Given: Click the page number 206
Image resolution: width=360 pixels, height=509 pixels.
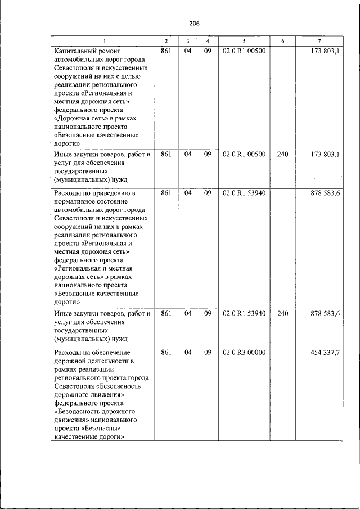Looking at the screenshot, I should point(195,23).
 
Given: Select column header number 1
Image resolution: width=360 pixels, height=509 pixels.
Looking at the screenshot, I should point(103,42).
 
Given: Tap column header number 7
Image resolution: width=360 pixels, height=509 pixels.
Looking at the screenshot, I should point(319,42).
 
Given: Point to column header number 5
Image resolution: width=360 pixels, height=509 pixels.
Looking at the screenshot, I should point(244,42).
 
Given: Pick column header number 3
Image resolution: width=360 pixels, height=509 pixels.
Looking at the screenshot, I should point(187,42).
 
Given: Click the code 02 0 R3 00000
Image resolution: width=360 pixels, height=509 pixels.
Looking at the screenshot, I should point(244,353).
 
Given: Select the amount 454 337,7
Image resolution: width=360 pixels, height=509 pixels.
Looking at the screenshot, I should point(325,353).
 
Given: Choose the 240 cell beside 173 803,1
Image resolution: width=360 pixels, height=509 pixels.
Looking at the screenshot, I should point(282,154).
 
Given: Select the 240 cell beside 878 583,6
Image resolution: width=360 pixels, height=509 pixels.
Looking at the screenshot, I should point(282,313).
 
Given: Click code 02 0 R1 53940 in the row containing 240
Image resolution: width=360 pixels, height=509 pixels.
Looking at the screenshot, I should point(244,313).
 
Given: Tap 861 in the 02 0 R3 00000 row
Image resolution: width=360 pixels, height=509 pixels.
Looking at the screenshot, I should point(166,353).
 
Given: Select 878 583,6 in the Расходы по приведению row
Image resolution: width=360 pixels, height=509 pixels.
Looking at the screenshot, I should point(325,193).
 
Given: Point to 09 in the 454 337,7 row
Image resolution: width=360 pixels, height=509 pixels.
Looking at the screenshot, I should point(207,353).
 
